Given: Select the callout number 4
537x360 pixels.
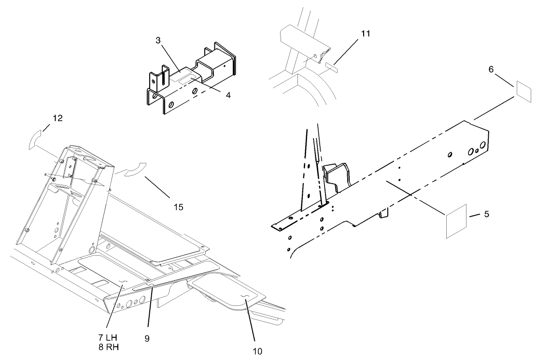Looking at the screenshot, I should tap(227, 95).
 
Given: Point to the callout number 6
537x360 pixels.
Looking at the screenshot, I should tap(491, 70).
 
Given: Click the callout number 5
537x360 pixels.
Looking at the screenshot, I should tap(486, 213).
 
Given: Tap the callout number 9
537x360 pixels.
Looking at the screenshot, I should tap(147, 339).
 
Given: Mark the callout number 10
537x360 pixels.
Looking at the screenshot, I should tap(258, 351).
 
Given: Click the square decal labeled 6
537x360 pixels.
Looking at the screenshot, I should tap(524, 89).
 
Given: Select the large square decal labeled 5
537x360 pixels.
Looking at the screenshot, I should tap(456, 221).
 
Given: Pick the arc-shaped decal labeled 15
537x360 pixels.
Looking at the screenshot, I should tap(131, 171).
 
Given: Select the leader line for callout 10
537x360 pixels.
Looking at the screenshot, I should tap(252, 323).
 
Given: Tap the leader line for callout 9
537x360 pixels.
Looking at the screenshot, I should tap(149, 309).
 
